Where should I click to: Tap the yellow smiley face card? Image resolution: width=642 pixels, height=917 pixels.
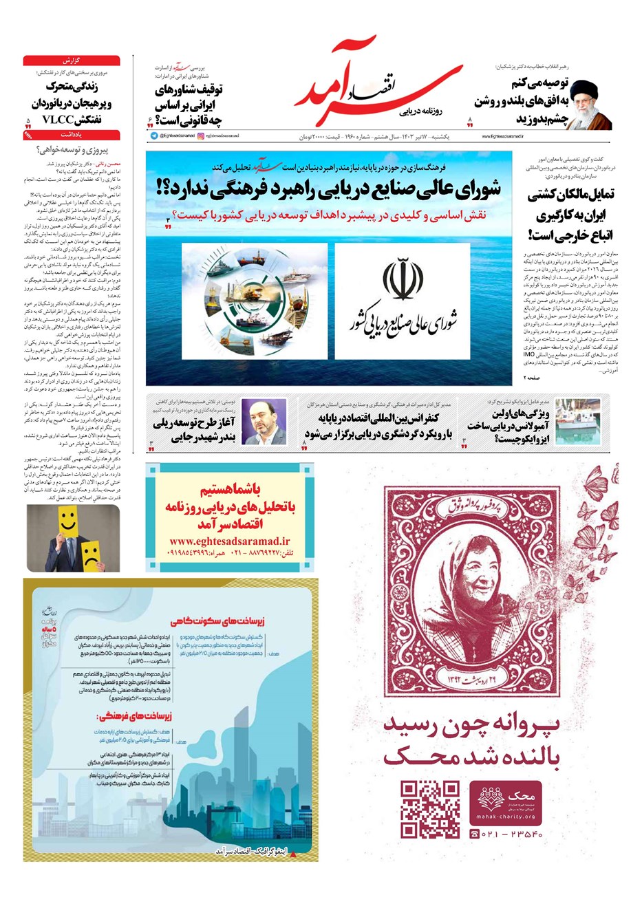(x=67, y=521)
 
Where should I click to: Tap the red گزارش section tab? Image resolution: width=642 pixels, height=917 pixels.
(x=72, y=61)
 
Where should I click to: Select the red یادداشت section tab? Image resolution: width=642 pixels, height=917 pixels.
(x=72, y=136)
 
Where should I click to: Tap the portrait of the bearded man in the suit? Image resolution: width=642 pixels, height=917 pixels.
(x=264, y=422)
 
